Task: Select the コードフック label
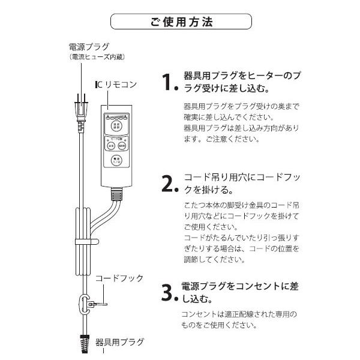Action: click(119, 278)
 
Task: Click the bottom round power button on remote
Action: click(116, 161)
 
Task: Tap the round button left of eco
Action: click(112, 145)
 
